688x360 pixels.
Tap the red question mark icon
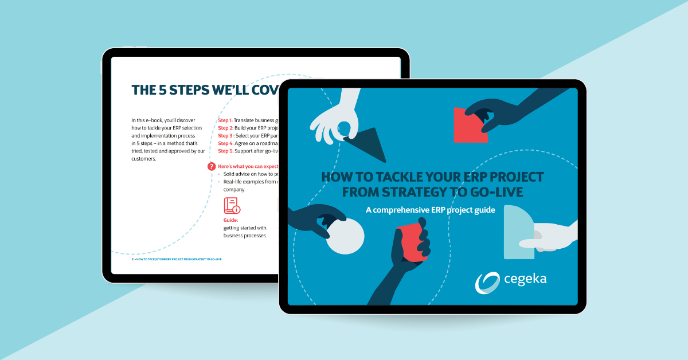(212, 167)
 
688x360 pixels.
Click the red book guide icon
(232, 206)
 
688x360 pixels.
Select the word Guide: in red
(231, 220)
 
